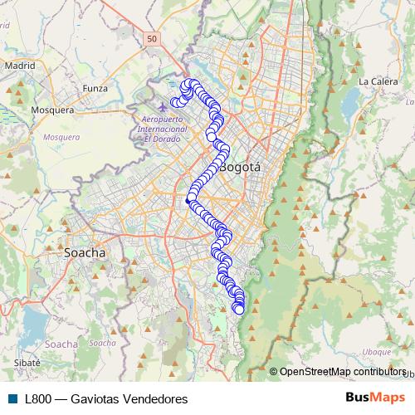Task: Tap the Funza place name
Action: click(x=96, y=86)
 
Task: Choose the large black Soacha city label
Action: click(x=85, y=251)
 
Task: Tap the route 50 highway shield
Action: click(x=150, y=38)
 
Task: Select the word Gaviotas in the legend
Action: click(x=94, y=398)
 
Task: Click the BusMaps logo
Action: click(x=375, y=398)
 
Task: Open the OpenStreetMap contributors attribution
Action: click(x=344, y=372)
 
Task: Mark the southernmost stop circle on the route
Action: click(x=239, y=310)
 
